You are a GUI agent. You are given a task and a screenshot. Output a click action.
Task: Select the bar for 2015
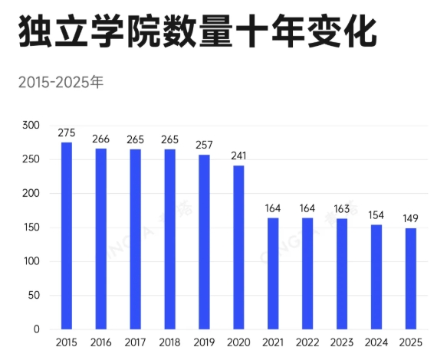pyautogui.click(x=67, y=236)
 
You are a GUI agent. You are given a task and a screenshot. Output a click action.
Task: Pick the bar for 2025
pyautogui.click(x=411, y=279)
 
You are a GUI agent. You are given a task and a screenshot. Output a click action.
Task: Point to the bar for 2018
pyautogui.click(x=169, y=239)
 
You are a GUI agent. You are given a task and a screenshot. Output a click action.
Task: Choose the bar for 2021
pyautogui.click(x=273, y=273)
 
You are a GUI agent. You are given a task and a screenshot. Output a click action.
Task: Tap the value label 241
pyautogui.click(x=238, y=155)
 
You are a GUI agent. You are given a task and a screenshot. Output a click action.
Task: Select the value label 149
pyautogui.click(x=411, y=218)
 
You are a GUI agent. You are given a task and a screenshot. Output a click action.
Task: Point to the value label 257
pyautogui.click(x=204, y=145)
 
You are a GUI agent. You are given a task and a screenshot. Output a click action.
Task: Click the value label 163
pyautogui.click(x=342, y=209)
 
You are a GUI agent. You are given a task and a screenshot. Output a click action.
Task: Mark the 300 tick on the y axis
pyautogui.click(x=31, y=126)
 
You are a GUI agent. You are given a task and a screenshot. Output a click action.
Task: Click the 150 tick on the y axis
pyautogui.click(x=31, y=227)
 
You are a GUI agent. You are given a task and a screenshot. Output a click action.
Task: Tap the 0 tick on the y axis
pyautogui.click(x=36, y=329)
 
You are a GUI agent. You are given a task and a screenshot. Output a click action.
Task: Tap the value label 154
pyautogui.click(x=376, y=215)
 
